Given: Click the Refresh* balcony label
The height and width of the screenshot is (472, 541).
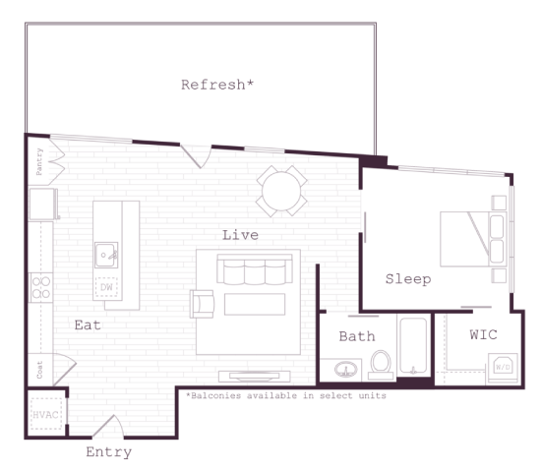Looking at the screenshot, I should (x=217, y=85).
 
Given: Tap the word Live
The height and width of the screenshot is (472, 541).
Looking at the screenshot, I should (x=240, y=235).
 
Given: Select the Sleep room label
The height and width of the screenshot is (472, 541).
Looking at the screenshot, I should (x=407, y=279).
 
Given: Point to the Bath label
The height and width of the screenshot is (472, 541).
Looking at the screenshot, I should (x=357, y=336).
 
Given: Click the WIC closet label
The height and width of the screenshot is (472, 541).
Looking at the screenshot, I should (x=483, y=335).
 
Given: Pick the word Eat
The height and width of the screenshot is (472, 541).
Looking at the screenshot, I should (x=88, y=324).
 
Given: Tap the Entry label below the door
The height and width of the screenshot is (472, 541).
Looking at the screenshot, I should (x=108, y=453).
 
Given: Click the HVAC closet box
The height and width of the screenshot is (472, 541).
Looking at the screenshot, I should (x=45, y=414).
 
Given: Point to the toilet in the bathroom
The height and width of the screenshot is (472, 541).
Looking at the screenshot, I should (x=381, y=364).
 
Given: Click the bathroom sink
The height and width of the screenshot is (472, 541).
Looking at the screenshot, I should (x=346, y=370).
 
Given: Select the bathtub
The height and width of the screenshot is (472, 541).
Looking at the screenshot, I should (x=413, y=346).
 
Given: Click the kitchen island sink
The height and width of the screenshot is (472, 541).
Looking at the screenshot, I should (x=105, y=255).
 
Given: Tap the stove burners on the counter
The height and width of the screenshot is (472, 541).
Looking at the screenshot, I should (x=41, y=287).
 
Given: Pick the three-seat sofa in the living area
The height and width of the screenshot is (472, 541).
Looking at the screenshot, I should (x=255, y=272).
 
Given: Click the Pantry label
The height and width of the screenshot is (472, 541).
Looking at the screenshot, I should (x=39, y=160).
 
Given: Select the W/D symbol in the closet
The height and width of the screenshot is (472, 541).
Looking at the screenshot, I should (x=502, y=367).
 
